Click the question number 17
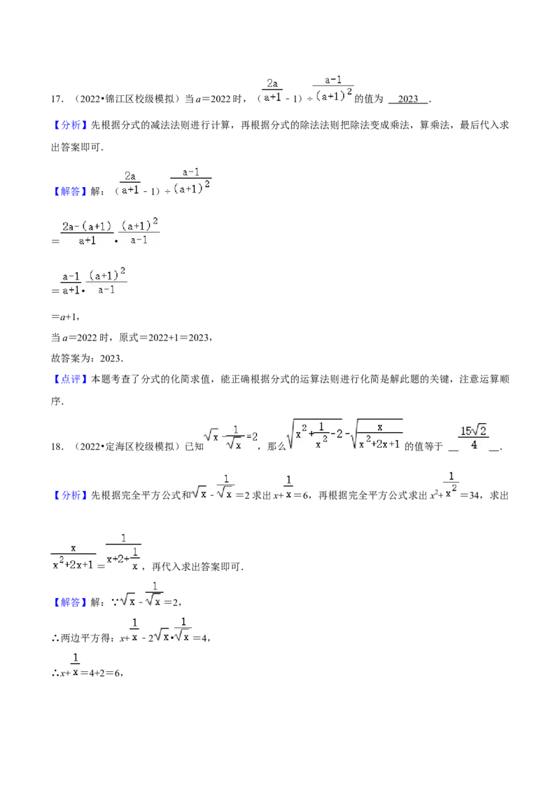57,99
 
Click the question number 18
57,446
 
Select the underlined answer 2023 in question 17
408,99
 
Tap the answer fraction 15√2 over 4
474,437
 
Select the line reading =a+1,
66,317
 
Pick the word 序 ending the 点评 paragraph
55,401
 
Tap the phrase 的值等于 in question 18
423,446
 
